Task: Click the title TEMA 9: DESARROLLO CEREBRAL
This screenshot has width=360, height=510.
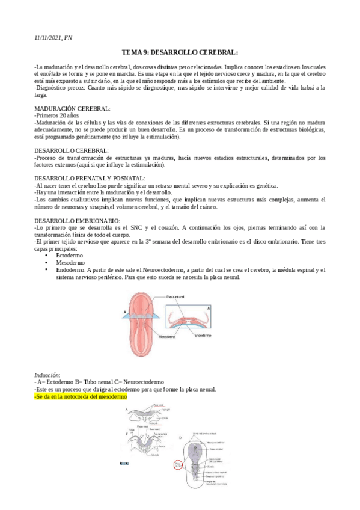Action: point(180,52)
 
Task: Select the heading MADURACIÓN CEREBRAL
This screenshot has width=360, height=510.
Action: point(72,109)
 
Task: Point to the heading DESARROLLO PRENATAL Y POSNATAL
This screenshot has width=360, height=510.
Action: point(90,179)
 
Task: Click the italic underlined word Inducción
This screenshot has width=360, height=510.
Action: point(47,375)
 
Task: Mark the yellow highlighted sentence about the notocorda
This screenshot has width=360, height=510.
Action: point(81,397)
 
